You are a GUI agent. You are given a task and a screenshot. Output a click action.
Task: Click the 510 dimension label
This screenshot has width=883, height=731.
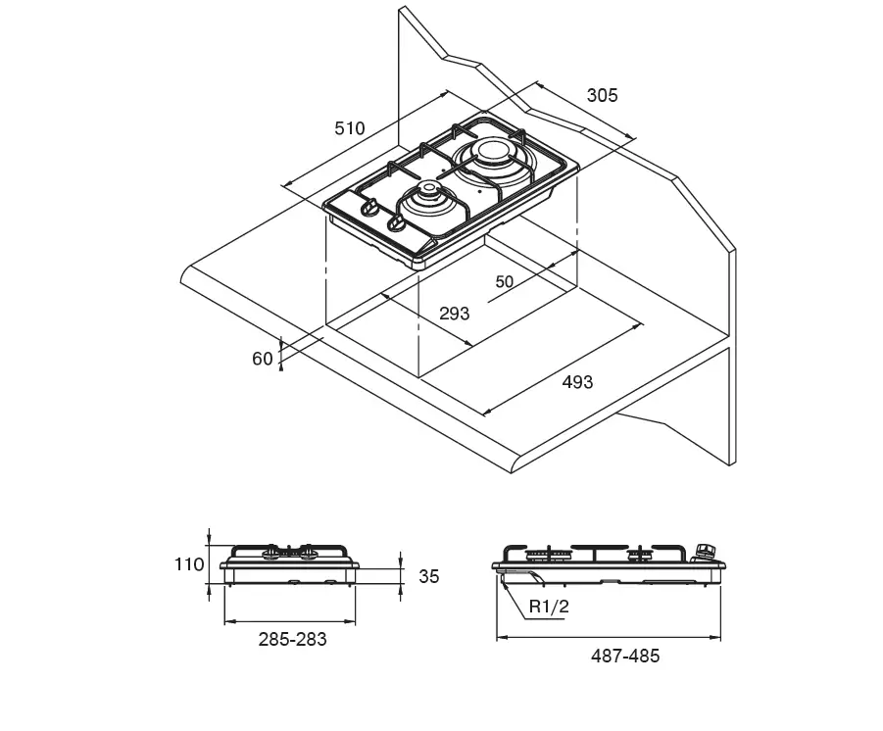(x=350, y=128)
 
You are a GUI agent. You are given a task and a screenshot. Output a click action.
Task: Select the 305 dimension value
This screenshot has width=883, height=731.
(x=602, y=95)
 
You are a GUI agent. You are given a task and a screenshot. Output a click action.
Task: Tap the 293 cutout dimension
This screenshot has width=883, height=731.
(x=454, y=314)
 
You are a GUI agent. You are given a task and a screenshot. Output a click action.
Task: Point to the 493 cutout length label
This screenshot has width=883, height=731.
(x=577, y=382)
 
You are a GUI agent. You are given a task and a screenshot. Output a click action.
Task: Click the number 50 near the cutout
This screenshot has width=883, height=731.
(x=504, y=281)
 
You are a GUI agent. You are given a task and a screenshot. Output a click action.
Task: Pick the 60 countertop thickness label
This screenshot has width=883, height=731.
(x=262, y=359)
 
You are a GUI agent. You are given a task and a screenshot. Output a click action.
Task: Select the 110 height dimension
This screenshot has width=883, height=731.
(x=188, y=564)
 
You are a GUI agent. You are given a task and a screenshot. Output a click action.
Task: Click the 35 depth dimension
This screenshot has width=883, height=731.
(x=428, y=577)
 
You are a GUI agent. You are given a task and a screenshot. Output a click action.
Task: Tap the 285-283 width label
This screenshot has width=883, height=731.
(x=292, y=639)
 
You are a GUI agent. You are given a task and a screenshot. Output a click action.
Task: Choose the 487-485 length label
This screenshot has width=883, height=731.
(x=625, y=657)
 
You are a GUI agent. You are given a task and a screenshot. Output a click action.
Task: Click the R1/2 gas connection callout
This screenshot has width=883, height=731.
(x=549, y=607)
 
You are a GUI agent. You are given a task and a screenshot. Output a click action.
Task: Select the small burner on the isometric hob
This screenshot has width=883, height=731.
(x=428, y=202)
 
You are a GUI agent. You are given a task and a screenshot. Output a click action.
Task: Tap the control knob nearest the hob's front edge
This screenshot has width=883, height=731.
(x=395, y=224)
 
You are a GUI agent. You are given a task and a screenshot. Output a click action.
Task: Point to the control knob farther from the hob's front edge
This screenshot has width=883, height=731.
(x=369, y=208)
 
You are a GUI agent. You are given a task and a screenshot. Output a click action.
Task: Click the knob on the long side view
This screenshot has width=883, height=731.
(x=705, y=552)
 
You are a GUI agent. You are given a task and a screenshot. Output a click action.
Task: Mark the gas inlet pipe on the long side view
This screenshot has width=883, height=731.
(x=521, y=574)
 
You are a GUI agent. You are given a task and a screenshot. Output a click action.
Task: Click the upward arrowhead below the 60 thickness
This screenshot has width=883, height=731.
(x=281, y=366)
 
